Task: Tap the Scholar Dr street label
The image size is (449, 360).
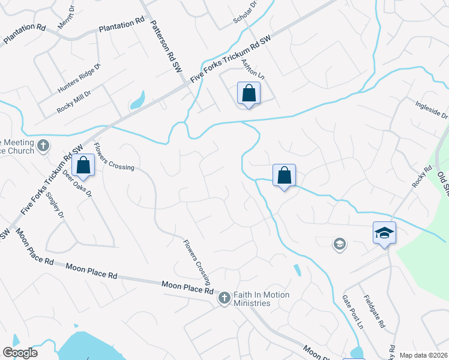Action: [245, 13]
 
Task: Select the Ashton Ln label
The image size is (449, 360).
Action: [252, 70]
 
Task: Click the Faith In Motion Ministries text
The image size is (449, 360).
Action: [262, 299]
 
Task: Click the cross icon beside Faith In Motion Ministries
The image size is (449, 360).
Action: [224, 298]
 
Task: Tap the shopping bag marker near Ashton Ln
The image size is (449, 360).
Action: [248, 94]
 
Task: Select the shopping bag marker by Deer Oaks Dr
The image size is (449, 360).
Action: [83, 165]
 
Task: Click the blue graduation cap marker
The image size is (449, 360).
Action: [384, 233]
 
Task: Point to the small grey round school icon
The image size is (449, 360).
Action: [340, 244]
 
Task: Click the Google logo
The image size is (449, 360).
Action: [20, 353]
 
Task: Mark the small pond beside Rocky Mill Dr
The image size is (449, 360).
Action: [137, 100]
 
